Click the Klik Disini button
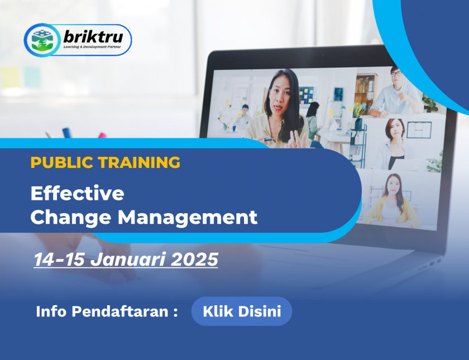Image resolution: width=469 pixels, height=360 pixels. click(242, 311)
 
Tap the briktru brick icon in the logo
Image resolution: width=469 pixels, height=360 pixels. click(42, 40)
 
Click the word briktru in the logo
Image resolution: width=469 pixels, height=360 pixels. click(93, 36)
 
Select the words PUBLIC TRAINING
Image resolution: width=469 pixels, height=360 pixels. click(106, 162)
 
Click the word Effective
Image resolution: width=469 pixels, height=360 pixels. click(77, 193)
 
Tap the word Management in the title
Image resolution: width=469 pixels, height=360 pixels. click(188, 217)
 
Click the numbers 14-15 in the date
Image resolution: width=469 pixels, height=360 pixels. click(59, 259)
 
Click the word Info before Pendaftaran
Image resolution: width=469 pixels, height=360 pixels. click(51, 311)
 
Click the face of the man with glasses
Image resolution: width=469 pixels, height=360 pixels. click(396, 76)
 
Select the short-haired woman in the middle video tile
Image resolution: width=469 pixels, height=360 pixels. click(393, 144)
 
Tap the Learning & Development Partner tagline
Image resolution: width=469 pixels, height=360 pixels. click(92, 47)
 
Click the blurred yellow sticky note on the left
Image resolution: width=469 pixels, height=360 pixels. click(10, 77)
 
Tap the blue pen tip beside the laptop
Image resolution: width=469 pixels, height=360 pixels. click(66, 132)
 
